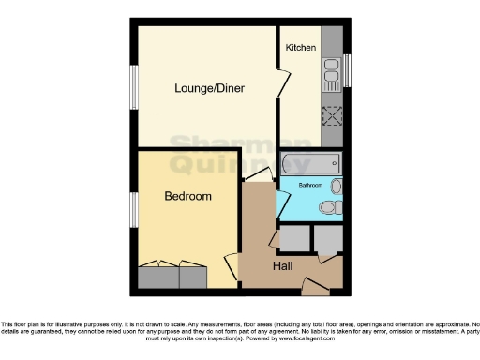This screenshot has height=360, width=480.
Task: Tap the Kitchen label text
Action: click(x=300, y=47)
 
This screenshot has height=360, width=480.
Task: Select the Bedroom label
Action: click(x=187, y=197)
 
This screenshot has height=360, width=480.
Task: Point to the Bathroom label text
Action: click(x=310, y=186)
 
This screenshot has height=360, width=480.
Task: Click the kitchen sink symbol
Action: click(x=332, y=67)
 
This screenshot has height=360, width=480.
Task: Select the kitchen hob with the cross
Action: click(x=332, y=116)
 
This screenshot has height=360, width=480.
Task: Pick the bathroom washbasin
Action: click(x=337, y=187)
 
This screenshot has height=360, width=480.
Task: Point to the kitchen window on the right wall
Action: click(x=346, y=67)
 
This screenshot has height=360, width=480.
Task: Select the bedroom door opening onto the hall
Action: click(x=231, y=269)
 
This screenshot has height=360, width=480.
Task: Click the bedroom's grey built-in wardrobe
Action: click(x=172, y=277)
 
